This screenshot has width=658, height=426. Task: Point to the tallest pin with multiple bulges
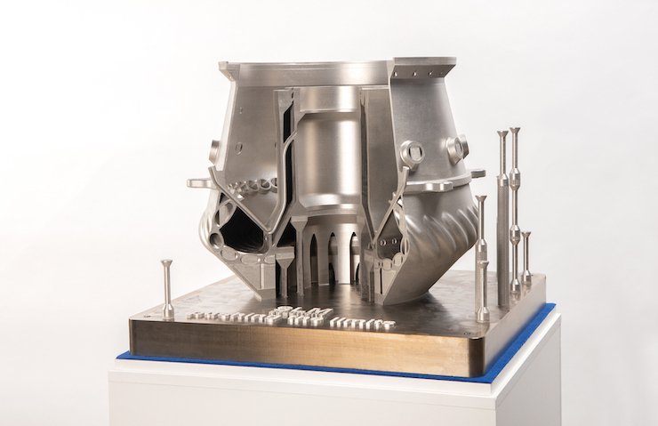tap(515, 205)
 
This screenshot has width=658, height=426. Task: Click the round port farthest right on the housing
tap(458, 147)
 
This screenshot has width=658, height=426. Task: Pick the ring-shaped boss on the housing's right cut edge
tap(412, 155)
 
